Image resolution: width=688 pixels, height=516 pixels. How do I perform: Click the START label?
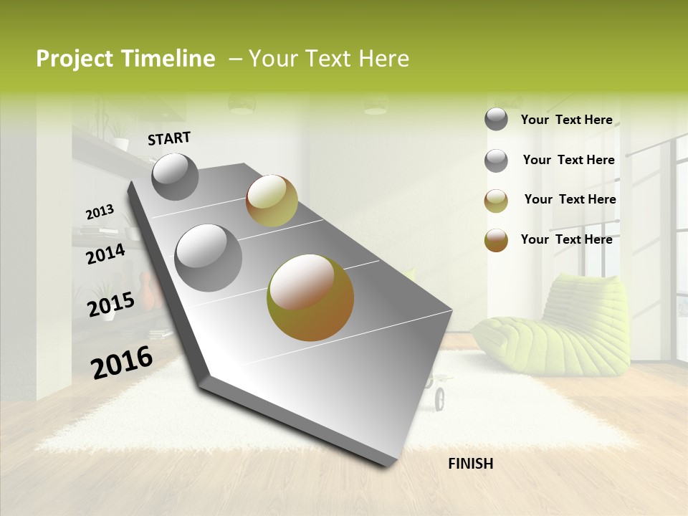pyautogui.click(x=169, y=138)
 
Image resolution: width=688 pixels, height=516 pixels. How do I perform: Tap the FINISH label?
pyautogui.click(x=470, y=464)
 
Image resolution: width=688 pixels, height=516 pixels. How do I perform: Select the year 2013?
pyautogui.click(x=100, y=212)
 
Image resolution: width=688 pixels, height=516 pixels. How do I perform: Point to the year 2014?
pyautogui.click(x=106, y=254)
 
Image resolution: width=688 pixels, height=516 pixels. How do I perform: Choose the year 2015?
pyautogui.click(x=111, y=305)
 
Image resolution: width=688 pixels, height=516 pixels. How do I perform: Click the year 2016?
pyautogui.click(x=122, y=362)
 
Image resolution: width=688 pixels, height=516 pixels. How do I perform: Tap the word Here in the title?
pyautogui.click(x=383, y=59)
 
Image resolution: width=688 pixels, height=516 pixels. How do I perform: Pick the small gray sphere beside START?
pyautogui.click(x=175, y=176)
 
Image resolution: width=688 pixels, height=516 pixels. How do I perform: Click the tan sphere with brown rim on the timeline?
pyautogui.click(x=272, y=200)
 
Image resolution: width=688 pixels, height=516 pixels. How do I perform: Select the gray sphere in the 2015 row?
pyautogui.click(x=209, y=257)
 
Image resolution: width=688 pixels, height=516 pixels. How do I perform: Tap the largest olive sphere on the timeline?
pyautogui.click(x=310, y=297)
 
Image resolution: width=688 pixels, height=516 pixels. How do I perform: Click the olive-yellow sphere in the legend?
pyautogui.click(x=496, y=201)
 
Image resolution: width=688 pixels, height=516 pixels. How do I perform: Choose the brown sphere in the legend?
pyautogui.click(x=496, y=241)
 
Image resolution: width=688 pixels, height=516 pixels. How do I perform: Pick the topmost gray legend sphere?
pyautogui.click(x=496, y=119)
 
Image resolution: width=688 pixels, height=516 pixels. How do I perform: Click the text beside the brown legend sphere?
pyautogui.click(x=566, y=239)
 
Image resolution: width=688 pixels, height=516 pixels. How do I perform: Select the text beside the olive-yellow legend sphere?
pyautogui.click(x=570, y=199)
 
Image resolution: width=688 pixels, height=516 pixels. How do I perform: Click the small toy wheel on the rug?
pyautogui.click(x=439, y=398)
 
